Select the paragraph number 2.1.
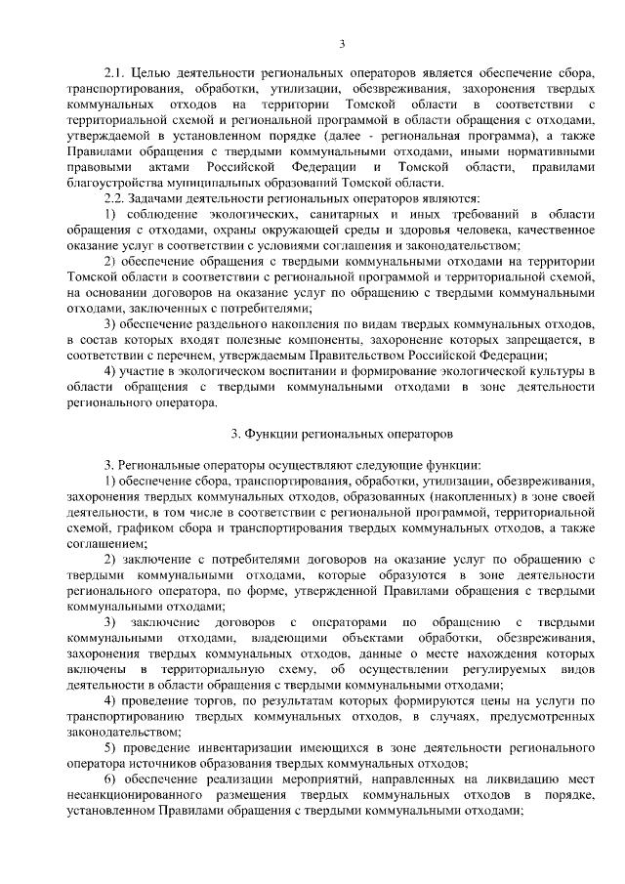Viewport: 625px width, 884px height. (x=113, y=74)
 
